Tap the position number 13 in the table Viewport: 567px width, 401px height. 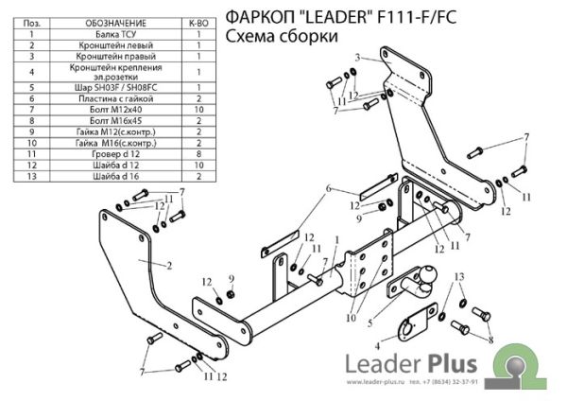[31, 176]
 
